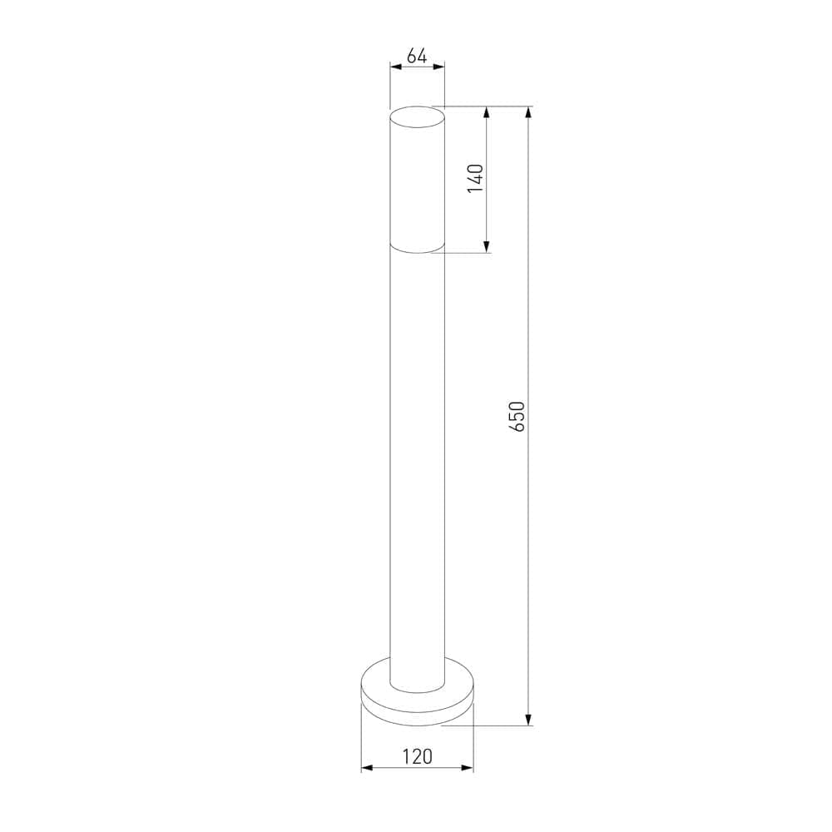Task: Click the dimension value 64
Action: (x=417, y=57)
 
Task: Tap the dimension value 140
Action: (x=475, y=179)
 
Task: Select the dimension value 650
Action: (x=517, y=416)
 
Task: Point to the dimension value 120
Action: (x=417, y=756)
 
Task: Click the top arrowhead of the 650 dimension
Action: (x=528, y=112)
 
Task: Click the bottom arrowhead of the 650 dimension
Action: (x=528, y=720)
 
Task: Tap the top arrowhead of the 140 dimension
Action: (x=486, y=112)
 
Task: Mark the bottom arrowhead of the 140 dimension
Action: (x=486, y=246)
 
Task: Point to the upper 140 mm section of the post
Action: (x=417, y=183)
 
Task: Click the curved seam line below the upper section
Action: (x=417, y=251)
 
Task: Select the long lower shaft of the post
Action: (x=417, y=458)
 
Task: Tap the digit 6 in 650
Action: (x=517, y=426)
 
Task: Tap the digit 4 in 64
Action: (x=422, y=57)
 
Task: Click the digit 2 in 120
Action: (x=417, y=756)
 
